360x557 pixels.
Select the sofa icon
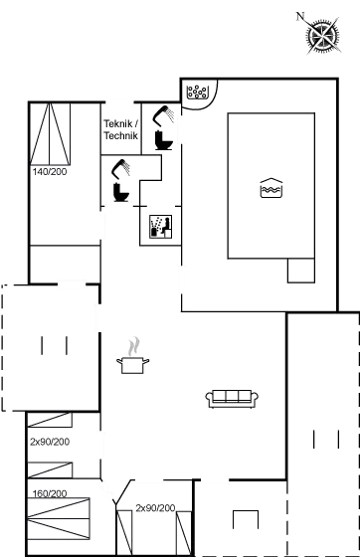(x=232, y=399)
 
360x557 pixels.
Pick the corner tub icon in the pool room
(x=197, y=91)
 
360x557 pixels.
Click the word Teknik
(x=119, y=124)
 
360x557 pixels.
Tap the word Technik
(x=119, y=136)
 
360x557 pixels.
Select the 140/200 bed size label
(x=49, y=171)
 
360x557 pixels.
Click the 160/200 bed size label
(x=49, y=493)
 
